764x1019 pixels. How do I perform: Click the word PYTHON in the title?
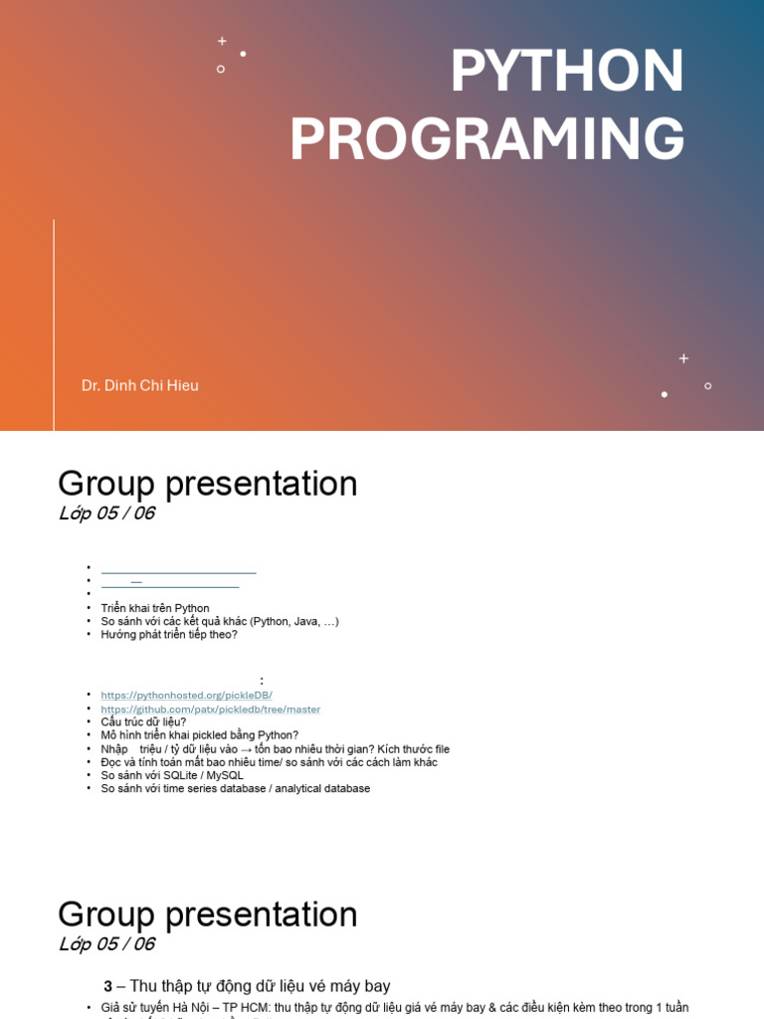(x=567, y=72)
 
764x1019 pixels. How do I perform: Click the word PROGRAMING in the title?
(x=486, y=139)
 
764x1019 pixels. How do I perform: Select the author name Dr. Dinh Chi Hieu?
(x=140, y=385)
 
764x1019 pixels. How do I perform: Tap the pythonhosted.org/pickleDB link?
(x=186, y=696)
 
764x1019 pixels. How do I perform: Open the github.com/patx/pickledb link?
(x=210, y=710)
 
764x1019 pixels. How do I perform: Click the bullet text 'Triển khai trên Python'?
(x=155, y=608)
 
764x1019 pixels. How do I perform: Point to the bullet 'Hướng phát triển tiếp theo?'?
(x=169, y=634)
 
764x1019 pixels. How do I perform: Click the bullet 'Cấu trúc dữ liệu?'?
(x=143, y=722)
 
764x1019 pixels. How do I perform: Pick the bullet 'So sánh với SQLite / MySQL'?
(x=172, y=775)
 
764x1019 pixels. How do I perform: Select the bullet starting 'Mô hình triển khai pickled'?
(x=199, y=735)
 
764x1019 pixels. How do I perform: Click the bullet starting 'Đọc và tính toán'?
(x=269, y=762)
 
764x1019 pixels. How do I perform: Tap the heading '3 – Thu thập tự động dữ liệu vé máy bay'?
(x=247, y=986)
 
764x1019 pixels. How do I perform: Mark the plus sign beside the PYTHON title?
(x=222, y=41)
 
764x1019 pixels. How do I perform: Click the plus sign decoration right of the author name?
(x=683, y=358)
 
